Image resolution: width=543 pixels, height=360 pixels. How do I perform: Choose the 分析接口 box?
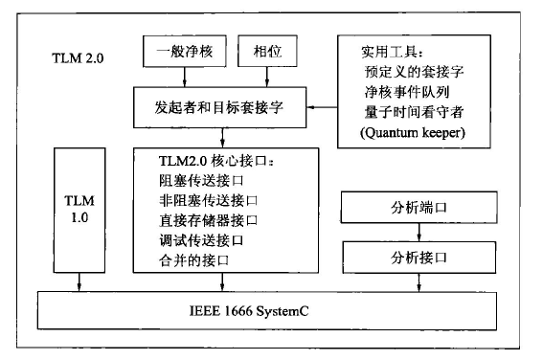coord(419,258)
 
